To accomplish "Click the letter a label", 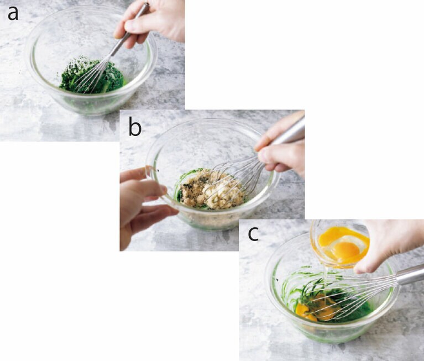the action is pos(13,14).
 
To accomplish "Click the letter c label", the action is pos(253,234).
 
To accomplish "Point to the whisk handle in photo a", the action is pos(129,30).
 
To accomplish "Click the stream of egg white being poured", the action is pos(325,281).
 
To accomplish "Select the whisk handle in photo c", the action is pos(410,274).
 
